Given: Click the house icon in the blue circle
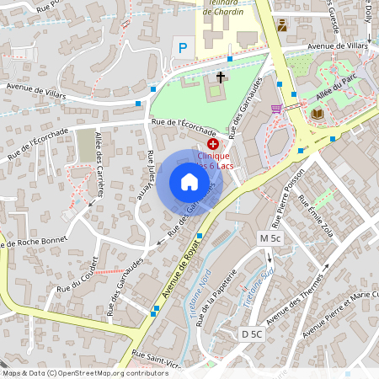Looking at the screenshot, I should point(189,182).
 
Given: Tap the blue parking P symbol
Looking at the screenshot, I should point(180,48).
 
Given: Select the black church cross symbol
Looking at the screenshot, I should point(221,77).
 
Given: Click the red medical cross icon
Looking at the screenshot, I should point(211,145).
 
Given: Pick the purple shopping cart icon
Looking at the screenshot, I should point(276,109).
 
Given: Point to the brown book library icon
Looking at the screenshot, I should point(317,113).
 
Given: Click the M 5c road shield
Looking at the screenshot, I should point(270,238).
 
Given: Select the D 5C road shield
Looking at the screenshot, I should point(251,334).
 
